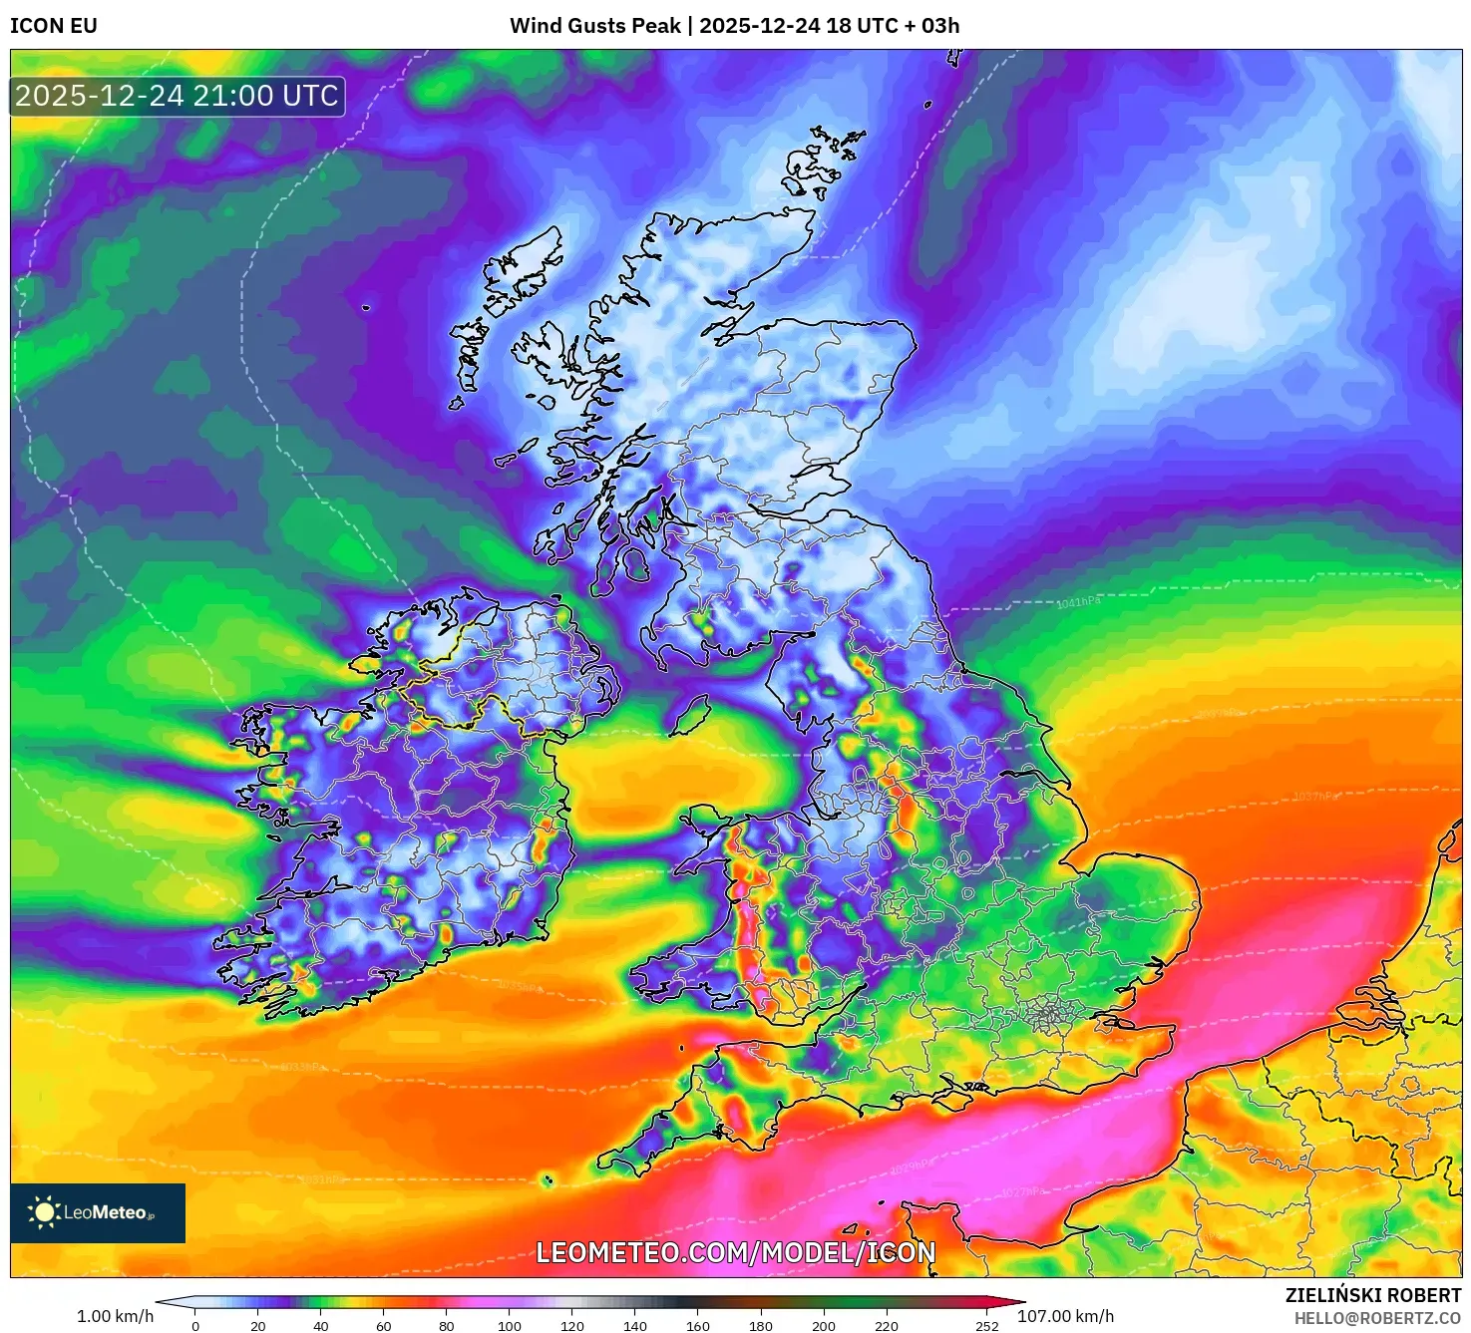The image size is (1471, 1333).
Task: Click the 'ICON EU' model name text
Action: (54, 26)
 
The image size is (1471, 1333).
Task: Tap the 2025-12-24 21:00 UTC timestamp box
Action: (178, 97)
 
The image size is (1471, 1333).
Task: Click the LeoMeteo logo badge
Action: (98, 1212)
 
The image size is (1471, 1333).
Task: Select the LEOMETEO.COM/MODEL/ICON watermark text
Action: (736, 1253)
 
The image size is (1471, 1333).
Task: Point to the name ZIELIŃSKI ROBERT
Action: (1373, 1295)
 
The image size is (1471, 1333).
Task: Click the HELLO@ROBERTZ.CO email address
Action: (1377, 1318)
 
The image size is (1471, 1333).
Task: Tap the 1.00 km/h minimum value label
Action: (116, 1316)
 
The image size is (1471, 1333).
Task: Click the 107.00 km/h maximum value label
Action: (1065, 1316)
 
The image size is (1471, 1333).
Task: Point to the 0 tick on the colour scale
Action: (195, 1326)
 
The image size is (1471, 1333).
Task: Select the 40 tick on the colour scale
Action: (321, 1326)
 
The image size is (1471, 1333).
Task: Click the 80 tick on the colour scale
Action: (447, 1326)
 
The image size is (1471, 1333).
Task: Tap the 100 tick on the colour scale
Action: (510, 1326)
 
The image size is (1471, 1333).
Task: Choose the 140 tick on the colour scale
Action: (635, 1326)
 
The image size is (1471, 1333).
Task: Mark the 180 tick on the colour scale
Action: (761, 1326)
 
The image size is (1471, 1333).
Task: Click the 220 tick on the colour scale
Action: (887, 1326)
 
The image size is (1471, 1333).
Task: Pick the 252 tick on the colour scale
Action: (987, 1326)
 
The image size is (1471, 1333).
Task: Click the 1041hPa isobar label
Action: (1079, 603)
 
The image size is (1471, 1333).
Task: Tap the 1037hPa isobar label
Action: (1316, 796)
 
